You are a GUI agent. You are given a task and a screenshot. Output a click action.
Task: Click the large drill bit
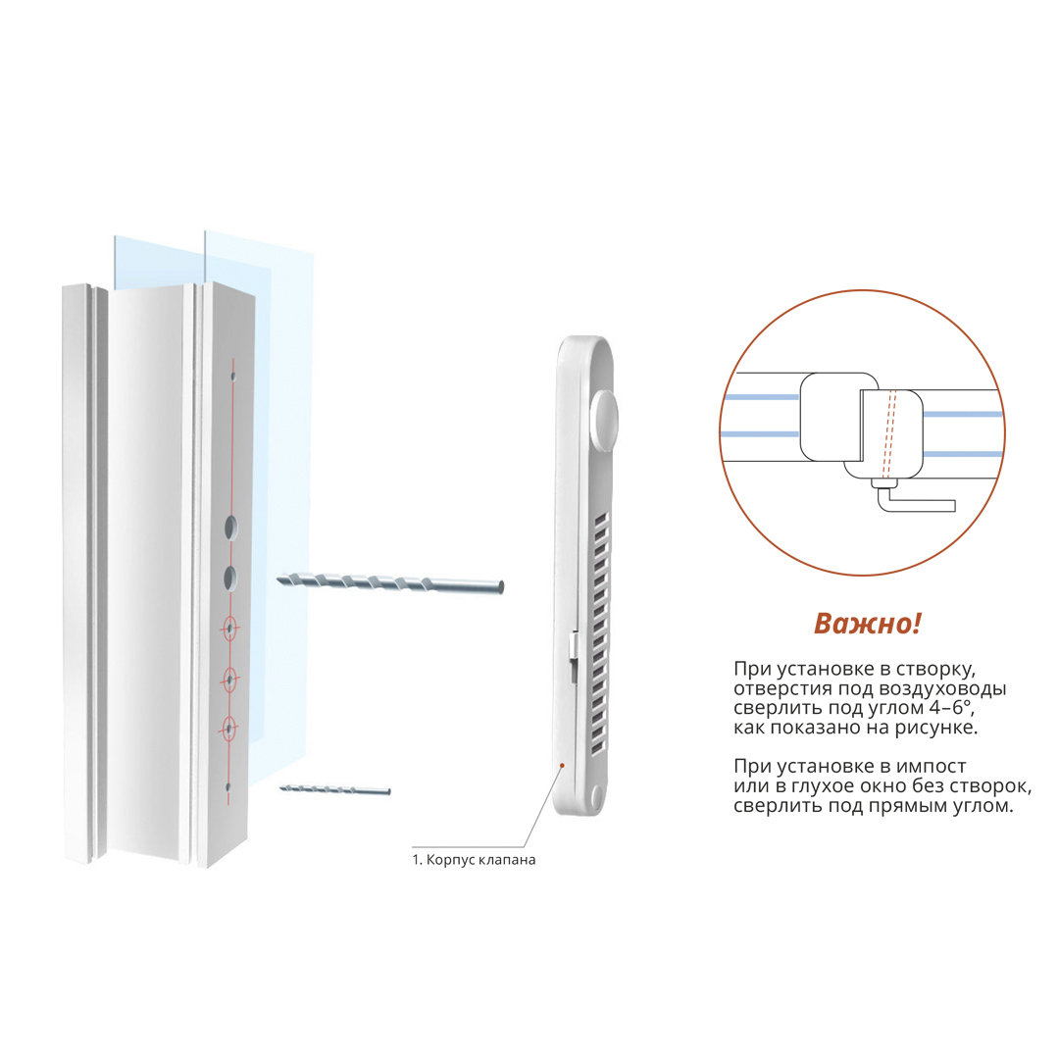click(390, 582)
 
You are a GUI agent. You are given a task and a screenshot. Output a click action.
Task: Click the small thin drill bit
click(335, 789)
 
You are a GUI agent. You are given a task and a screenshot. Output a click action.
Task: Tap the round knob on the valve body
click(604, 422)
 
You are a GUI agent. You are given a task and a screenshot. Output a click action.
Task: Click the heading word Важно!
click(867, 624)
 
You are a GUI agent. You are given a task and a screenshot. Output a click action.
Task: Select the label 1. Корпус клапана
click(475, 860)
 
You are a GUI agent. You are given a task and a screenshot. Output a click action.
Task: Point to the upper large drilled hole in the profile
click(231, 528)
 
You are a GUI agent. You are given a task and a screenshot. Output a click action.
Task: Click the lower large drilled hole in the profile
click(230, 579)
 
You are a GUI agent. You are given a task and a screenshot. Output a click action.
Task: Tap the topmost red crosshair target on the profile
click(229, 630)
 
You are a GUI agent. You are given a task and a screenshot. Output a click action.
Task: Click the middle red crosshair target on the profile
click(229, 680)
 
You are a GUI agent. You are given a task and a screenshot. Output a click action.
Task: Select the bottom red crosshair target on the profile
click(228, 729)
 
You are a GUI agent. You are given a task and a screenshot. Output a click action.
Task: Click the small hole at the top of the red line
click(233, 377)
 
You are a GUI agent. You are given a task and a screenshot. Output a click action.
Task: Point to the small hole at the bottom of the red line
click(228, 787)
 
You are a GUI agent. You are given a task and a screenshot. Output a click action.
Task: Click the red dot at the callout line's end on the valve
click(562, 765)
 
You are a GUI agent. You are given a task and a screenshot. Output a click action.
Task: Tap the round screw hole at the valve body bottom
click(596, 797)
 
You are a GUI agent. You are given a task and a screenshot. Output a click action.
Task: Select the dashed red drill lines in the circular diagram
click(888, 434)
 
